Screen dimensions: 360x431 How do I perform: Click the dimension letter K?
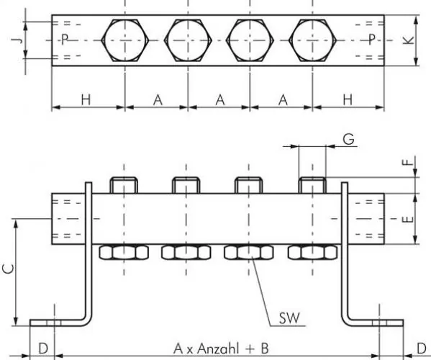(408, 41)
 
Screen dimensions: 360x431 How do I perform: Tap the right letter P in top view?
(372, 40)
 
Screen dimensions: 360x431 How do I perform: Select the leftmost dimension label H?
(86, 99)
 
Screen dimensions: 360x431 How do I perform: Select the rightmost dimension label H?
(348, 99)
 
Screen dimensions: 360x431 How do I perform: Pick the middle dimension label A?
(219, 99)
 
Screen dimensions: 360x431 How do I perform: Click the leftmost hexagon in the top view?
(125, 40)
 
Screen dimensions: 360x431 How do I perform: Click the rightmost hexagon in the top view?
(313, 40)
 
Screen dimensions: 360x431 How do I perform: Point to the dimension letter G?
(348, 139)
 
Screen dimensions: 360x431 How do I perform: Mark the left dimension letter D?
(42, 349)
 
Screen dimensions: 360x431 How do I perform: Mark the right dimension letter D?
(421, 349)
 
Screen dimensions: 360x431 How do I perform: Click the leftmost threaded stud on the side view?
(124, 185)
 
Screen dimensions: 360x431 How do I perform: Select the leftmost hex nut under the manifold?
(124, 252)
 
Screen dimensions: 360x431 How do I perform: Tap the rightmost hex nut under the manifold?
(312, 252)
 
